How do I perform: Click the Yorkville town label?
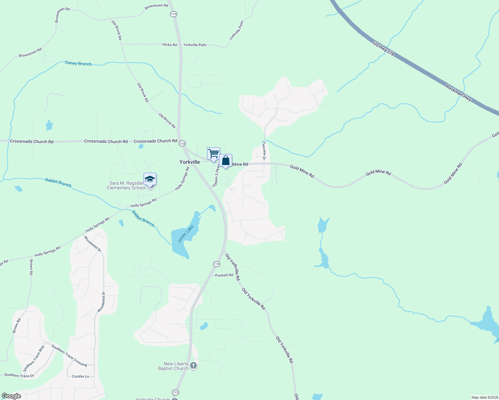pos(189,162)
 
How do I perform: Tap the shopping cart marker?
pos(213,154)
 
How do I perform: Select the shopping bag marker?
pos(226,161)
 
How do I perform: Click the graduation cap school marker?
pos(150,179)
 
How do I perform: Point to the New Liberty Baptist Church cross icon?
pos(193,366)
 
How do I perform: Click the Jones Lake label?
pos(186,234)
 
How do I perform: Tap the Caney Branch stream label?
pos(78,63)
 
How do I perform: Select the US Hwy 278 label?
pos(384,49)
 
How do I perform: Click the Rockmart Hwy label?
pos(459,93)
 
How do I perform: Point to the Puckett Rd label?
pos(224,275)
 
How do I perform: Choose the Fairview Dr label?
pos(264,151)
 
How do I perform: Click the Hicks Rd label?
pos(169,45)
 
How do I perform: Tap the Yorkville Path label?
pos(195,45)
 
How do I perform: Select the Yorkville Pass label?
pos(236,30)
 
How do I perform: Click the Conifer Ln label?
pos(80,376)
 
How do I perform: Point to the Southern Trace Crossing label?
pos(69,355)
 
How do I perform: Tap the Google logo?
pos(11,396)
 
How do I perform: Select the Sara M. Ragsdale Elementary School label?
pos(126,186)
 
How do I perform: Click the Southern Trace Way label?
pos(34,359)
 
